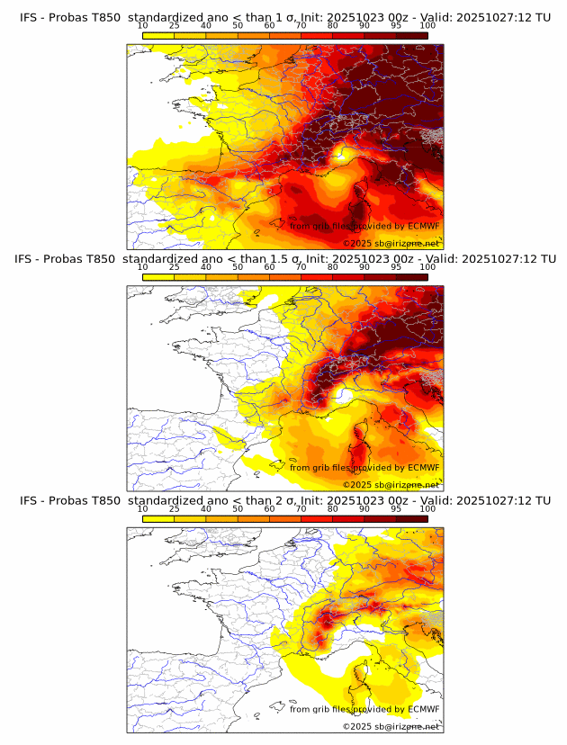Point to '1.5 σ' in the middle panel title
(299, 258)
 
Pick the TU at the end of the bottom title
(542, 500)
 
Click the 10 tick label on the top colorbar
(143, 25)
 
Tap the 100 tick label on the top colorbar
(427, 25)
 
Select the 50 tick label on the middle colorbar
(238, 267)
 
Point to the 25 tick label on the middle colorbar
(175, 267)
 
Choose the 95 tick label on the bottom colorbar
(396, 509)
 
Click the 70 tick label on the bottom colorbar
(301, 509)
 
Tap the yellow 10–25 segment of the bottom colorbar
(158, 518)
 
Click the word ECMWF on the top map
(423, 226)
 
